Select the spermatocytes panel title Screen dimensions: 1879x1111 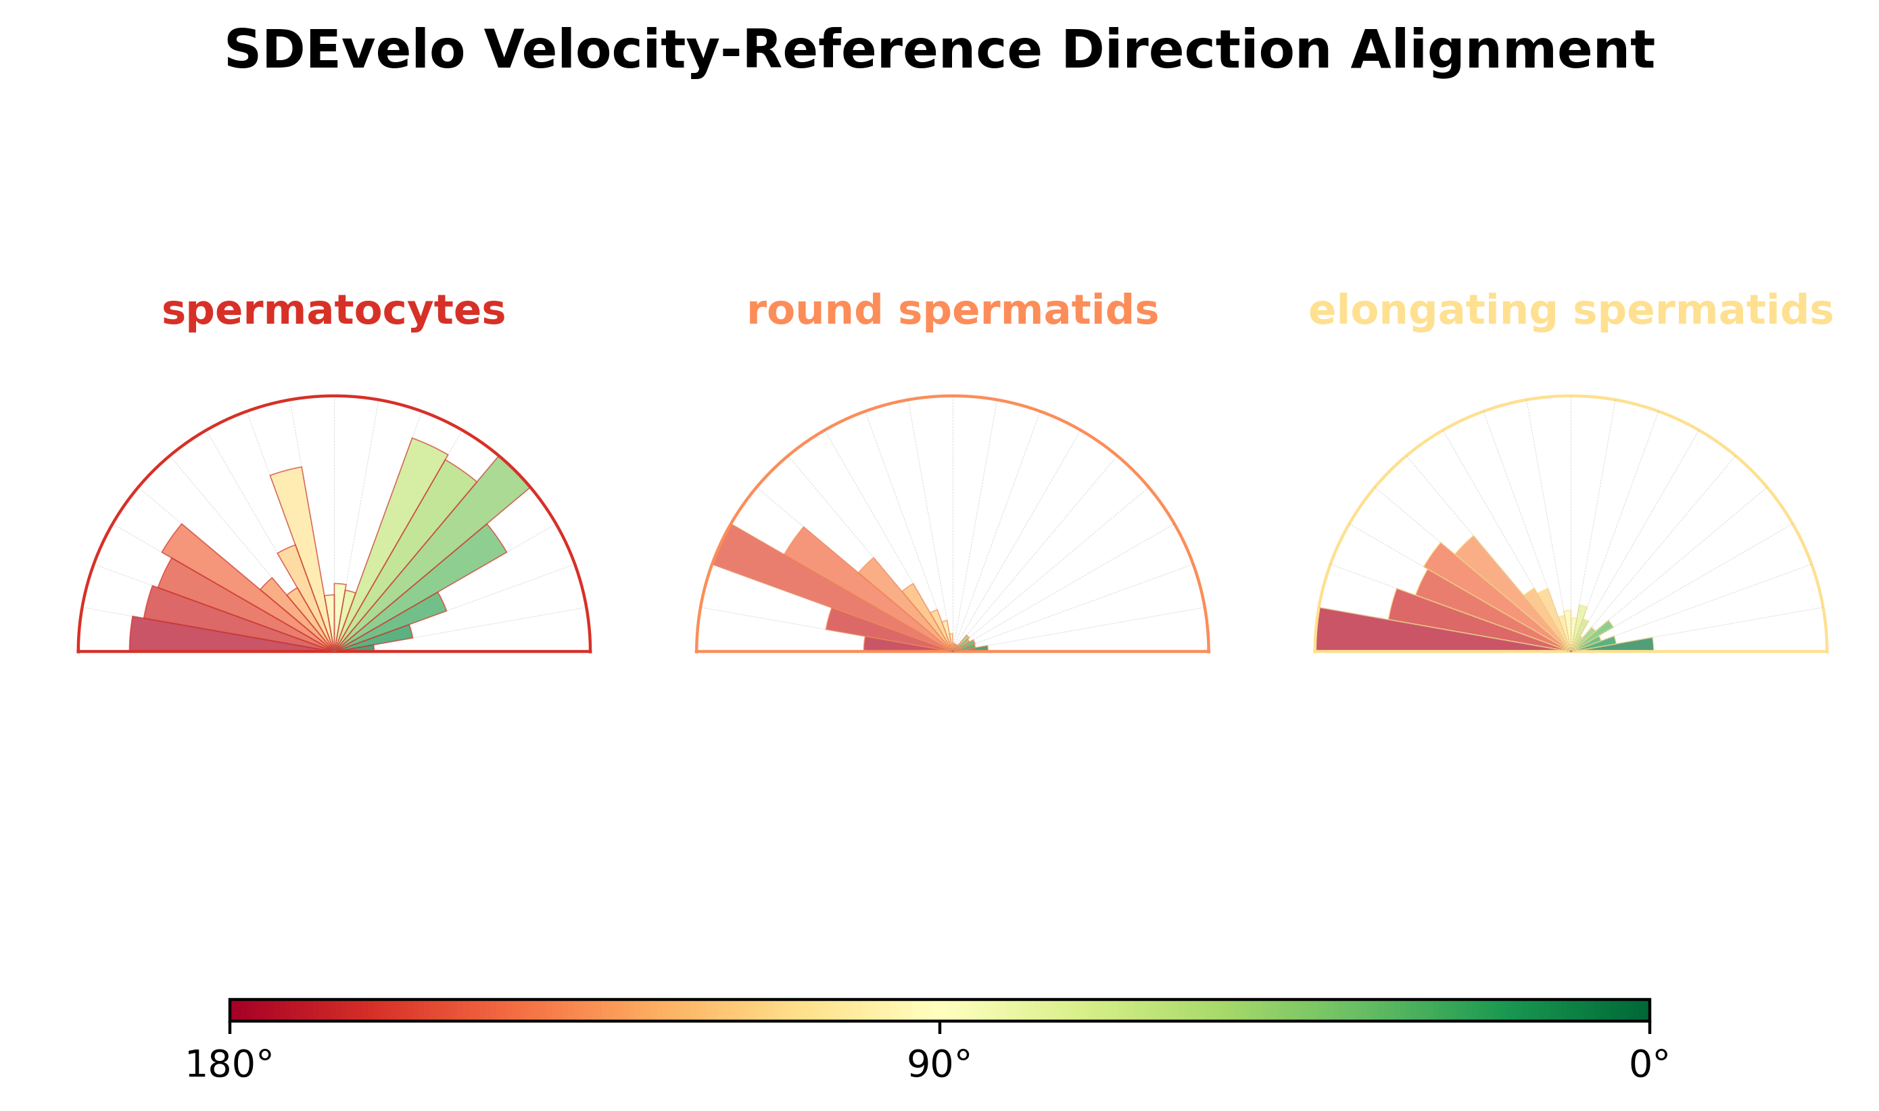[x=333, y=312]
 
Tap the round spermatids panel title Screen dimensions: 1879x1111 [x=953, y=312]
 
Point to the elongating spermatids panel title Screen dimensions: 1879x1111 [x=1571, y=312]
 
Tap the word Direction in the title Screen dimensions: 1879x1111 [x=1196, y=51]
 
